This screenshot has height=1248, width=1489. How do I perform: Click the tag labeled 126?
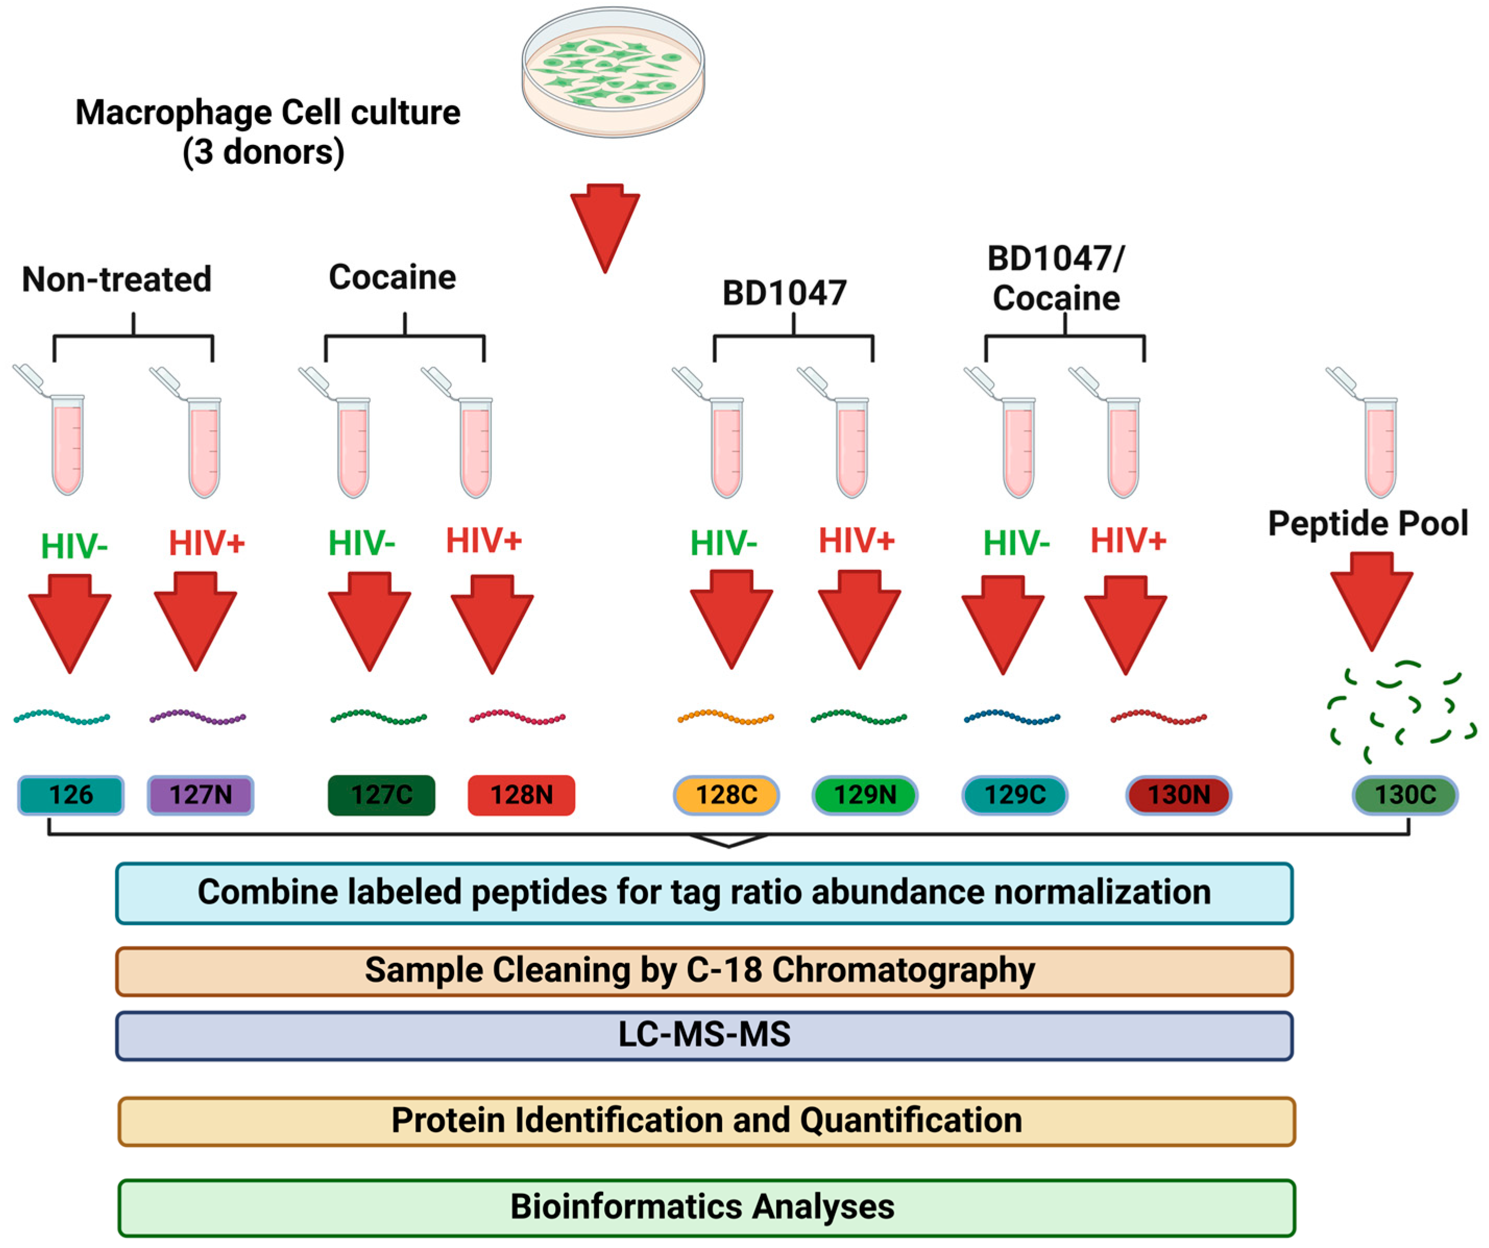pyautogui.click(x=71, y=795)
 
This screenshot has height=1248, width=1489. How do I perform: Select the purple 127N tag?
pyautogui.click(x=201, y=795)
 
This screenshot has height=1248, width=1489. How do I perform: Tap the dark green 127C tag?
pyautogui.click(x=382, y=795)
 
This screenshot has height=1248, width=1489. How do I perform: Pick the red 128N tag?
pyautogui.click(x=521, y=795)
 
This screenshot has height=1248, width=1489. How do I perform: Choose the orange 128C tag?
pyautogui.click(x=726, y=795)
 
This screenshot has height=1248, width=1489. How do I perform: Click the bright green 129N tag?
pyautogui.click(x=864, y=795)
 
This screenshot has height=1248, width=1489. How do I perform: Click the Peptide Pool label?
pyautogui.click(x=1368, y=524)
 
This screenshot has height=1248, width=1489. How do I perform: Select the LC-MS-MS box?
pyautogui.click(x=704, y=1035)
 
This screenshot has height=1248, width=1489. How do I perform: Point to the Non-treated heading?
pyautogui.click(x=117, y=279)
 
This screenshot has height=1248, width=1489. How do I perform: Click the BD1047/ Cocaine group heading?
pyautogui.click(x=1056, y=279)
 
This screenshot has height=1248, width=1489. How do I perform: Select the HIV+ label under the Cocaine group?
pyautogui.click(x=484, y=541)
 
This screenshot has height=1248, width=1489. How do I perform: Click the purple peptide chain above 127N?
pyautogui.click(x=198, y=718)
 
